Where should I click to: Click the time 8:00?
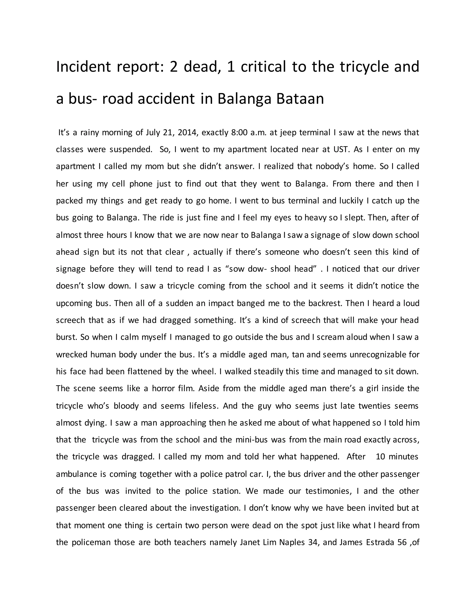[x=239, y=132]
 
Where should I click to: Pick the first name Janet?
[x=250, y=542]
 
